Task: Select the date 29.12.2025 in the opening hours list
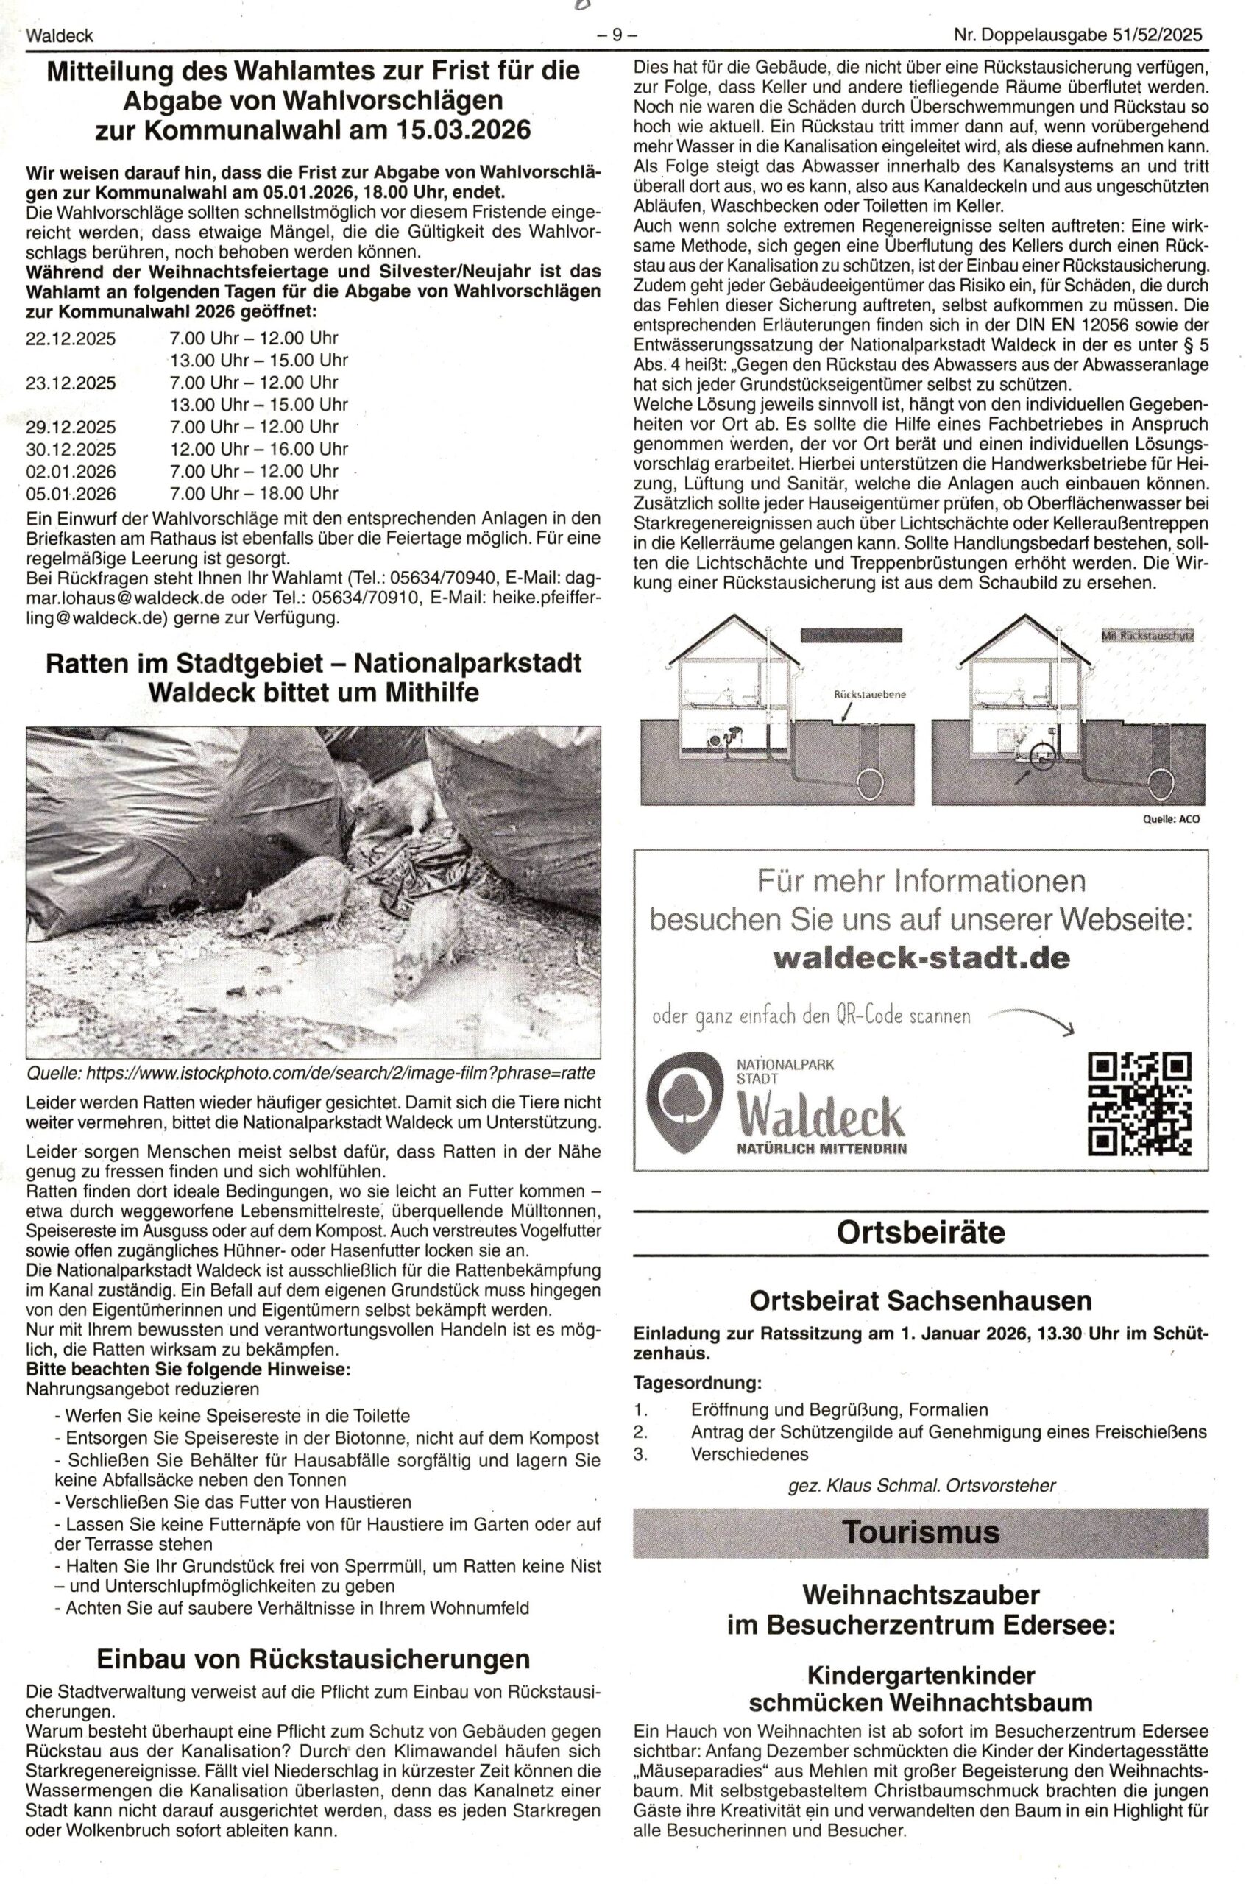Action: click(71, 427)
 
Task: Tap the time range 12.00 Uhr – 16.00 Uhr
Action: click(258, 449)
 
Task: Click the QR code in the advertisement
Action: click(1139, 1104)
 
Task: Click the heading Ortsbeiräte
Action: click(920, 1233)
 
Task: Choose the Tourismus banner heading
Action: click(920, 1531)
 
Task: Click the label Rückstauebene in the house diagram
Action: click(869, 694)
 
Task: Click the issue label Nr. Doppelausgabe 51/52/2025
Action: click(1077, 36)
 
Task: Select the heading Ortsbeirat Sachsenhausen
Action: click(920, 1300)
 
